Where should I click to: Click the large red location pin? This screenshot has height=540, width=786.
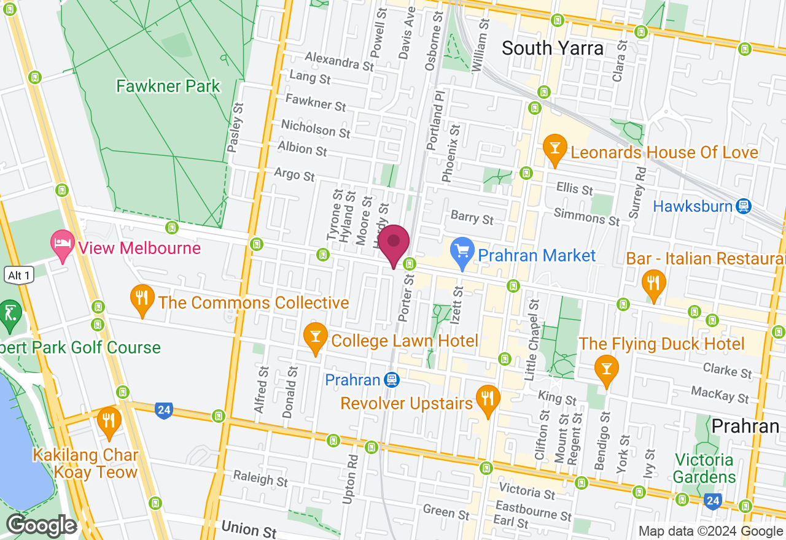(394, 244)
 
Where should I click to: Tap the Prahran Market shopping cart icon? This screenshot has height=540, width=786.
(461, 250)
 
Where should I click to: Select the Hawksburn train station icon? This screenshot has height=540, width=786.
(744, 206)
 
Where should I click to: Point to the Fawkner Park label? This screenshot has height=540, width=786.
(168, 86)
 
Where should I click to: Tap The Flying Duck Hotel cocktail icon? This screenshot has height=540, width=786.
(607, 368)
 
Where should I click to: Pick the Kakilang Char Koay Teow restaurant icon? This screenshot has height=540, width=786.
(109, 420)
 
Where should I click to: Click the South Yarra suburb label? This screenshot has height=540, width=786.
(553, 48)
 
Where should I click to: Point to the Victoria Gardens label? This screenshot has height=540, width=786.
(704, 468)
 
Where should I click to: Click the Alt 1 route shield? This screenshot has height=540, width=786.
(19, 275)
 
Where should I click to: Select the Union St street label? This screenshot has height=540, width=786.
(249, 529)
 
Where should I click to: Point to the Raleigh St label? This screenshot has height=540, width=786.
(260, 478)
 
